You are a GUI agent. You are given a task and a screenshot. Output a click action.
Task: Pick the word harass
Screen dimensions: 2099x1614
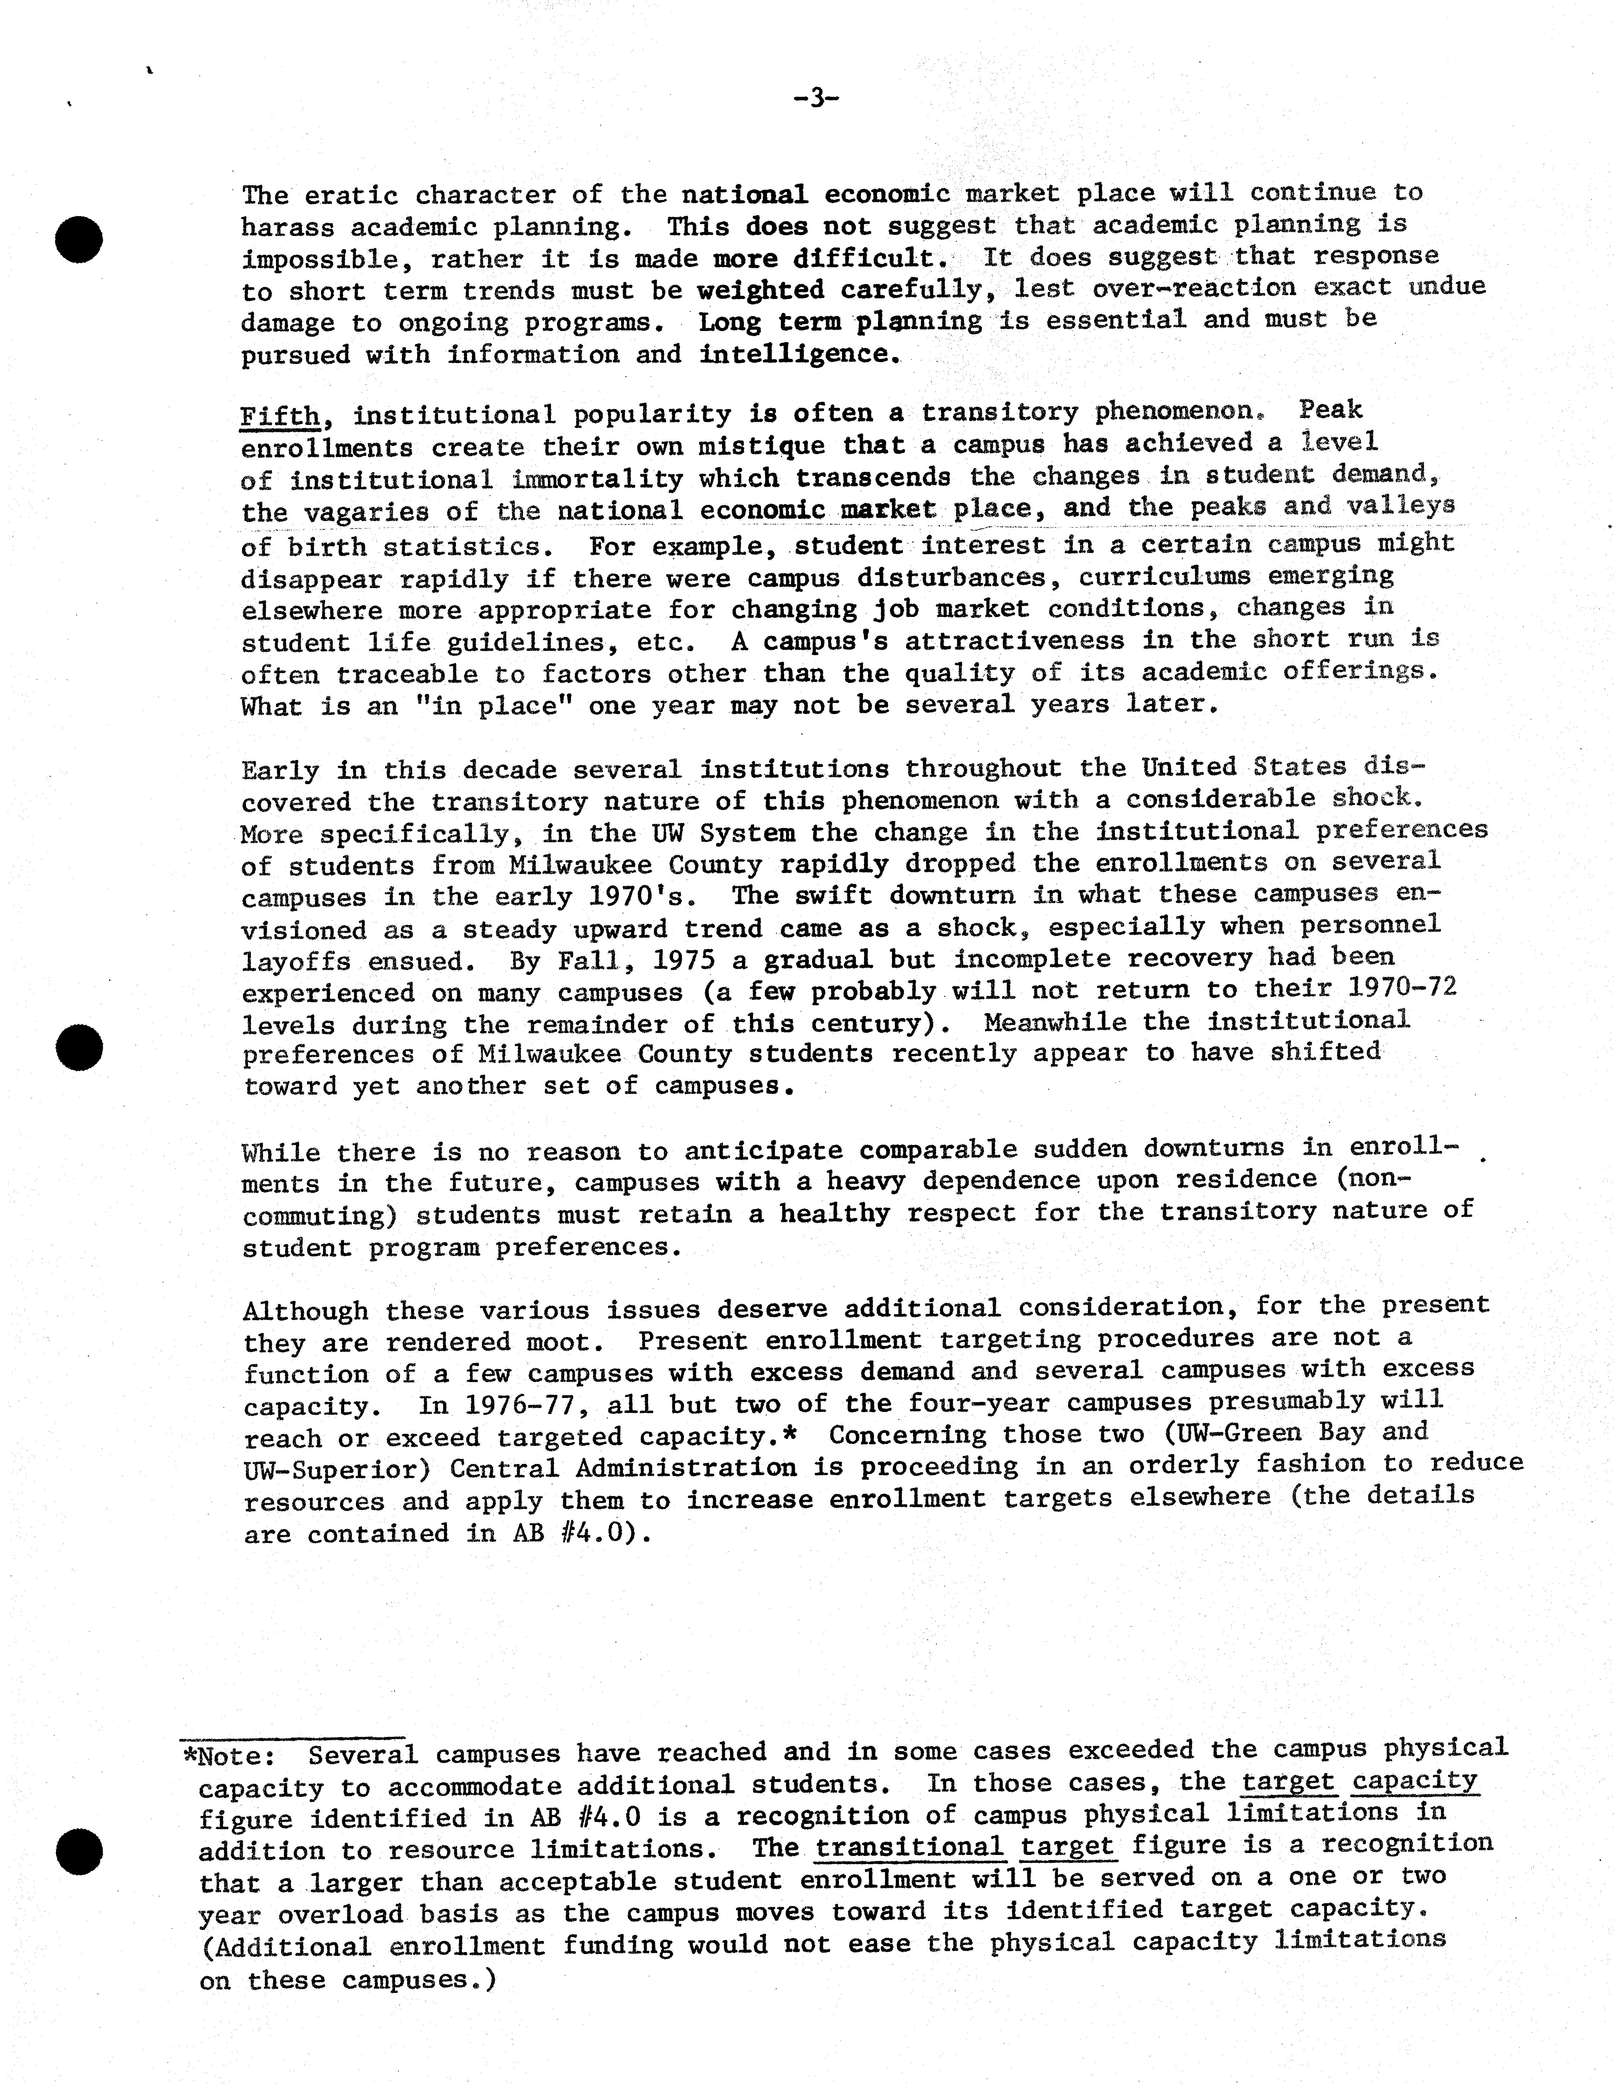click(x=285, y=228)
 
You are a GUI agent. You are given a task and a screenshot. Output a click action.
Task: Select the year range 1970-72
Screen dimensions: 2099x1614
click(x=1403, y=987)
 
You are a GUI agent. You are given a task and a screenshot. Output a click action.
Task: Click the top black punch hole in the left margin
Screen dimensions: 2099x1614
click(x=79, y=239)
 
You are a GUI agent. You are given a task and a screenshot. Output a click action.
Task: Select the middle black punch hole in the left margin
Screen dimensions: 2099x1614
click(x=79, y=1048)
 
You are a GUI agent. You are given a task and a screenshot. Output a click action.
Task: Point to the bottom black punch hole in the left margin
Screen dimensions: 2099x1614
click(x=79, y=1851)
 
